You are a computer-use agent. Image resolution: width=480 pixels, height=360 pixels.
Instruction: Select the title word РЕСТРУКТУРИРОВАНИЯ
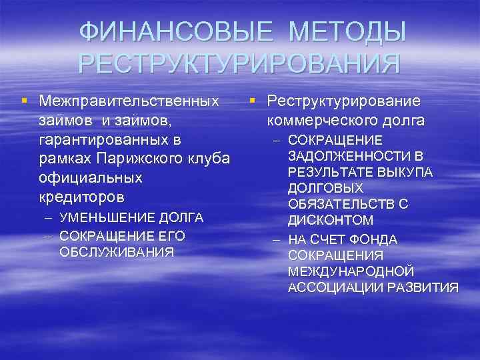pos(239,64)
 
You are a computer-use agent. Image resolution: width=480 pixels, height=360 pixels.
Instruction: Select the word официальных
pos(90,179)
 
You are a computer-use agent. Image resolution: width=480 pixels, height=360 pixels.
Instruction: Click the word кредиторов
pos(81,198)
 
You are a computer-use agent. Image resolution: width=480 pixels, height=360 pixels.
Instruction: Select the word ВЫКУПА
pos(407,172)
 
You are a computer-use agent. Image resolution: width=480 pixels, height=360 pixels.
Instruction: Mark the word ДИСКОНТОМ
pos(330,220)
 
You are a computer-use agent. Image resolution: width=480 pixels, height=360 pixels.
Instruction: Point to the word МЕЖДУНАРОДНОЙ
pos(351,271)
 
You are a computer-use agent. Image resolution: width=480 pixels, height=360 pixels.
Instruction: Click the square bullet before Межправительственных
pos(23,101)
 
